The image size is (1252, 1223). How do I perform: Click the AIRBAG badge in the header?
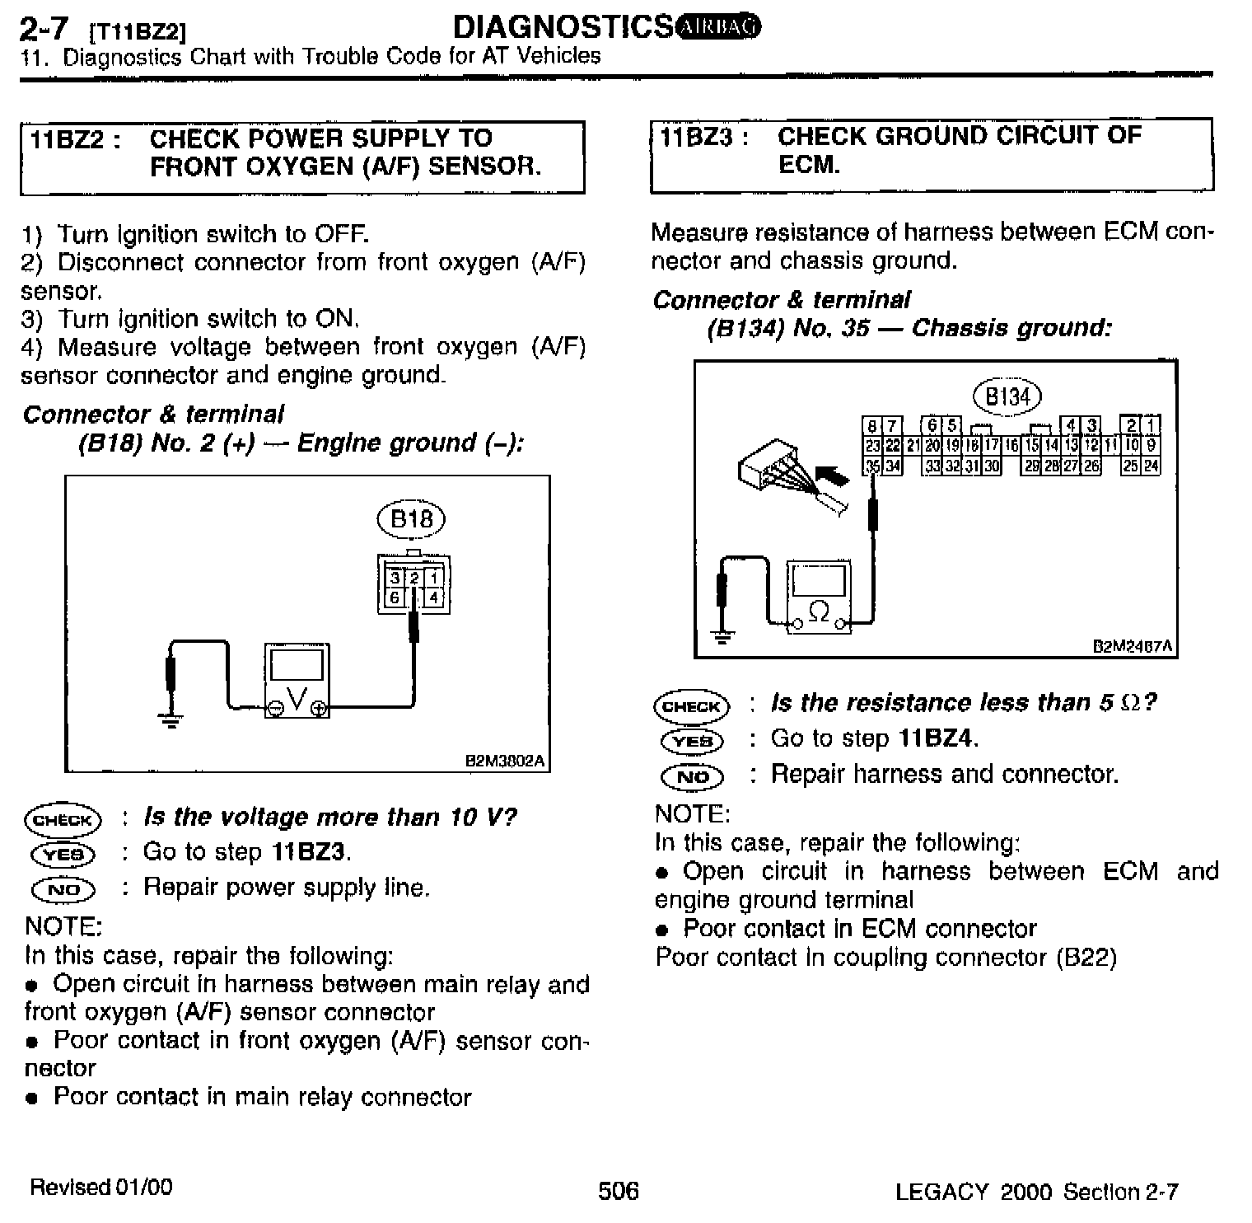point(718,27)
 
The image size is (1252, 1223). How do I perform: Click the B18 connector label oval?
point(411,518)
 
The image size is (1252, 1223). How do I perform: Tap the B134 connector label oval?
point(1007,396)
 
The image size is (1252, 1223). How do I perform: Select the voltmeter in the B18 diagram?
point(297,681)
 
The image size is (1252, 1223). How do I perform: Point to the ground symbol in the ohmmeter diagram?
point(722,635)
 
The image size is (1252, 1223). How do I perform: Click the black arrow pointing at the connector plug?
point(832,476)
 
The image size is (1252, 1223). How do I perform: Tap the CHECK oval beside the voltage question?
point(63,819)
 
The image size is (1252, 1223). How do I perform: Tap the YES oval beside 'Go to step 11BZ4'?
point(692,740)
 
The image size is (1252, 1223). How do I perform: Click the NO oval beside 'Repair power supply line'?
point(63,889)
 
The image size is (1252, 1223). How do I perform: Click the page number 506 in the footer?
point(618,1190)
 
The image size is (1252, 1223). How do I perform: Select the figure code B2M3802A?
point(506,761)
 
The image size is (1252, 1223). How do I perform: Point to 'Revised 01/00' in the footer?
point(100,1187)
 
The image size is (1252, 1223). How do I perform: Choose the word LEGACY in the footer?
point(941,1191)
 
